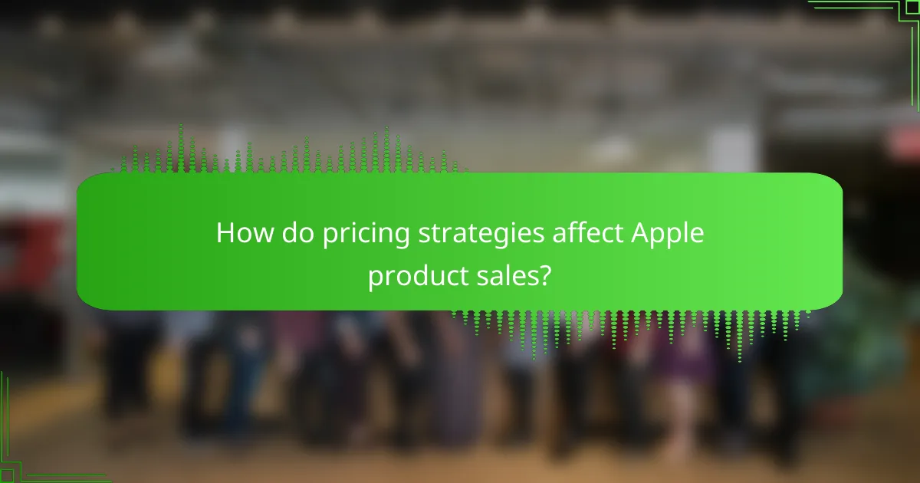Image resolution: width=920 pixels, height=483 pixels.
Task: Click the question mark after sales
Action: (x=544, y=275)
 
